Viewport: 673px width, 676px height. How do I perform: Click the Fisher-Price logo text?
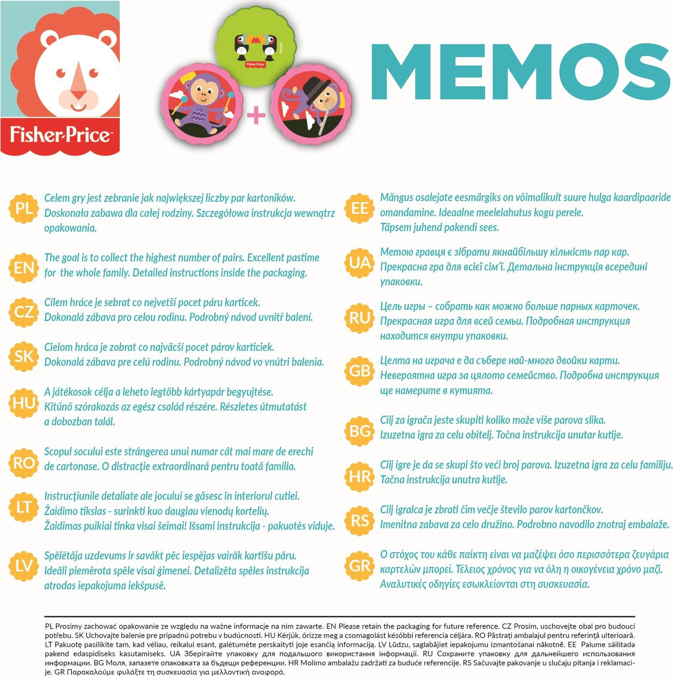60,135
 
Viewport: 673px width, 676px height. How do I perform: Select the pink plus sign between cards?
256,115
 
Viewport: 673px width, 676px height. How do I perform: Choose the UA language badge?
360,263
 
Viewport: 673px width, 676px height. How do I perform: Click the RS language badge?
360,520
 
